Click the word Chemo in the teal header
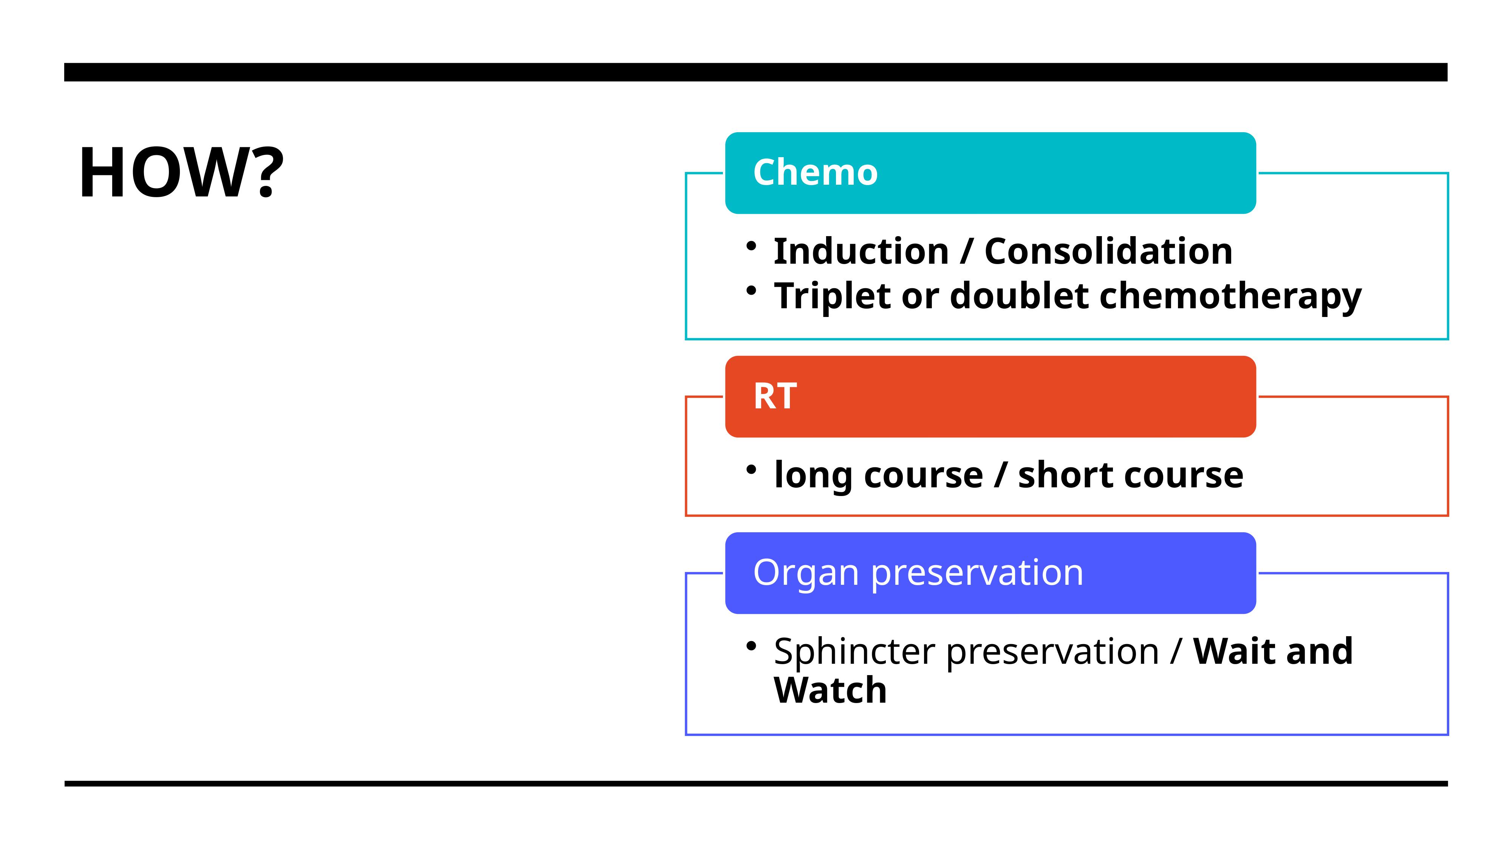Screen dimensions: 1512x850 (x=815, y=173)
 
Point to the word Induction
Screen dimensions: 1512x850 (x=861, y=251)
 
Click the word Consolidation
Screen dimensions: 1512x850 (x=1108, y=251)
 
